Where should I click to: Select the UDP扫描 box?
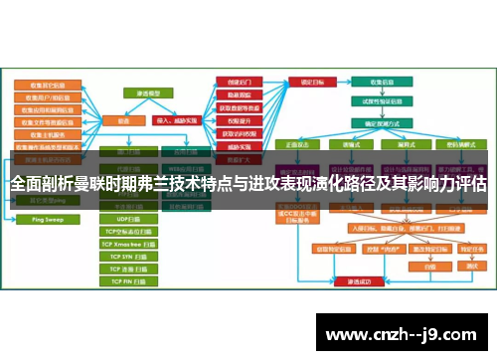coord(130,218)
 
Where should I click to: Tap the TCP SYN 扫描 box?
coord(130,256)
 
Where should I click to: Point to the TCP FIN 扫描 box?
coord(130,281)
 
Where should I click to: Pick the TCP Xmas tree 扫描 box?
coord(130,243)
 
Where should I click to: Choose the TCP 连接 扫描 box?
coord(130,269)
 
